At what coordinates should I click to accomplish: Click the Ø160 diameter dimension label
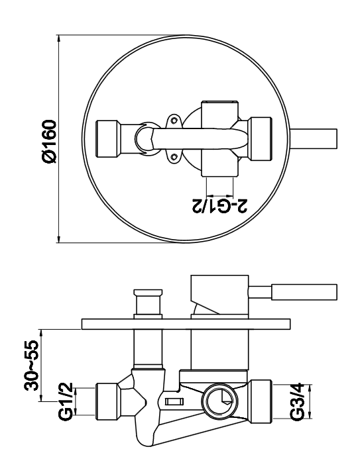tap(49, 142)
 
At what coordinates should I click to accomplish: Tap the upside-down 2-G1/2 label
tap(219, 205)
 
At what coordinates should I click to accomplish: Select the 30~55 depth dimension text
tap(31, 366)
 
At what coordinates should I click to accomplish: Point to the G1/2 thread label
tap(66, 401)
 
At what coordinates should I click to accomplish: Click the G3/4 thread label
tap(297, 401)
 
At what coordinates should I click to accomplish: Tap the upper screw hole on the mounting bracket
tap(174, 121)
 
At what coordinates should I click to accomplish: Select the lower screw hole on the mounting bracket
tap(174, 156)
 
